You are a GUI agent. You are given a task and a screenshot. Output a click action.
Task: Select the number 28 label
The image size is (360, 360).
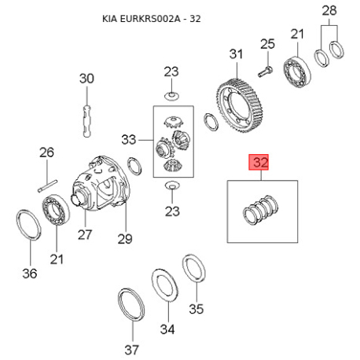pos(329,11)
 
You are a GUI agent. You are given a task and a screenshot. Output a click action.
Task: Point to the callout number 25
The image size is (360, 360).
pos(266,43)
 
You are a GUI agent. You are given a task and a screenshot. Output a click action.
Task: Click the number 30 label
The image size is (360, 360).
pos(86,79)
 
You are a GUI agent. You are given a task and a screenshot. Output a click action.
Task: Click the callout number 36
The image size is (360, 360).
pos(29,274)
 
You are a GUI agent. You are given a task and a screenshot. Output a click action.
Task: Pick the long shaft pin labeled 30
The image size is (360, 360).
pos(87,113)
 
